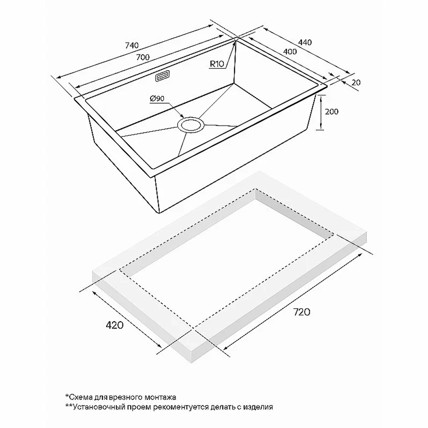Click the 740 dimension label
click(132, 45)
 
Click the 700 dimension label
click(143, 57)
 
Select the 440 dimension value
click(305, 42)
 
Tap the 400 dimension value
click(290, 51)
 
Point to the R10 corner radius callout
click(217, 64)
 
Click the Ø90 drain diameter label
click(157, 98)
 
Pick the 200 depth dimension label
click(331, 111)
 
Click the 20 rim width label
click(356, 82)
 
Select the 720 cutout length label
click(302, 312)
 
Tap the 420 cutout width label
click(114, 325)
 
